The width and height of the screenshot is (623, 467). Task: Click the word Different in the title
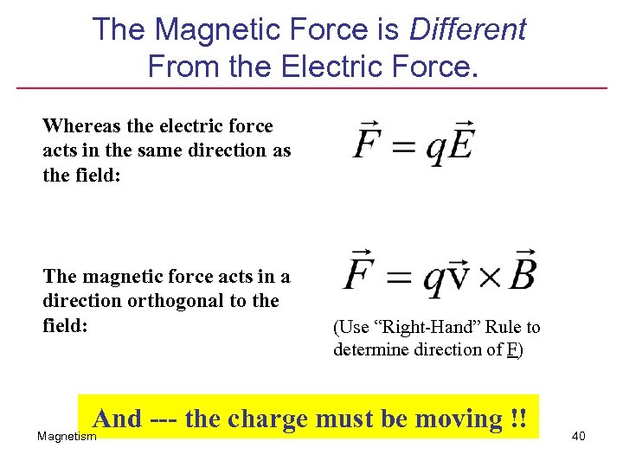467,29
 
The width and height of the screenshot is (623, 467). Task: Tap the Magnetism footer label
67,437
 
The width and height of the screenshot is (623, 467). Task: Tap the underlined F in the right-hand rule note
512,349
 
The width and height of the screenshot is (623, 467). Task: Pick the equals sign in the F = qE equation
403,146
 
